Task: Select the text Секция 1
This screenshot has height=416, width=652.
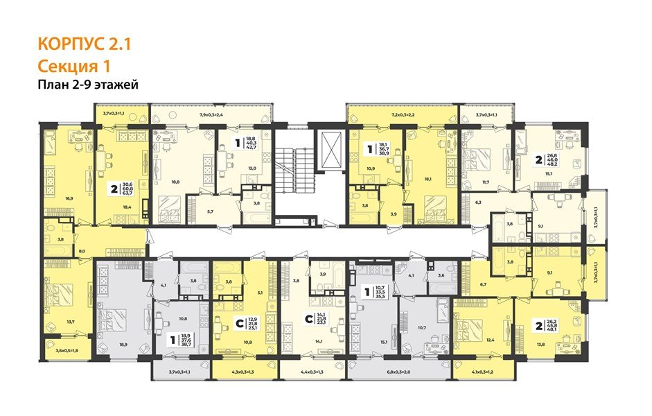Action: [x=73, y=67]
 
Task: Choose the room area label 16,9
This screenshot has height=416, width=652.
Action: [x=68, y=198]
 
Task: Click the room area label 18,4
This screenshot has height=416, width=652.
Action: [x=127, y=207]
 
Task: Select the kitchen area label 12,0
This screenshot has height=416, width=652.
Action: [x=252, y=168]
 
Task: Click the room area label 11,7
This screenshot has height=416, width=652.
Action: [x=486, y=182]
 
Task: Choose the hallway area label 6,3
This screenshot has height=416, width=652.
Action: [x=477, y=202]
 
